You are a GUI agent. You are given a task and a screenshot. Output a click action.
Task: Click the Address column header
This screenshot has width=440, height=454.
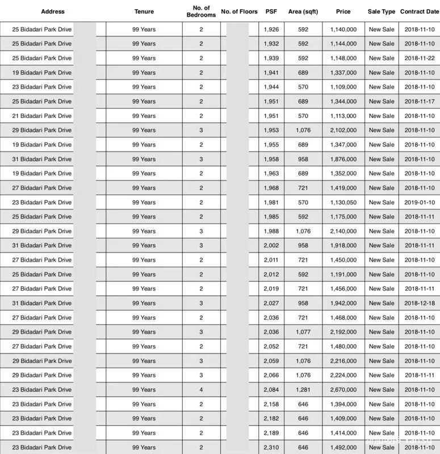point(53,11)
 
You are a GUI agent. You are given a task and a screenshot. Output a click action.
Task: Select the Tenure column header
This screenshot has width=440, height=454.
point(144,11)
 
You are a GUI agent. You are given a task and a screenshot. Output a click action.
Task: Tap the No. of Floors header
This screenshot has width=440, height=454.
point(239,11)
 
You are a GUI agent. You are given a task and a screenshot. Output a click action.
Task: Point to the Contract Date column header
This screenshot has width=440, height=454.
point(419,11)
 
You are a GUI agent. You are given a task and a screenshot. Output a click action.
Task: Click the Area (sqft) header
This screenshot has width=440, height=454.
point(303,11)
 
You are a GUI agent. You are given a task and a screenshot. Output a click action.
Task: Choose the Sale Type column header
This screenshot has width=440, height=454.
point(382,11)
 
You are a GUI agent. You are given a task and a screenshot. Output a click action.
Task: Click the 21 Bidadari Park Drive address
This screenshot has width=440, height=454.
point(41,116)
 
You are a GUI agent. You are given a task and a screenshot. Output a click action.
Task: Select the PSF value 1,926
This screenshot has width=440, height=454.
point(271,29)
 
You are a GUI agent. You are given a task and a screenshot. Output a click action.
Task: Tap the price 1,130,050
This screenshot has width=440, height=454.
point(343,203)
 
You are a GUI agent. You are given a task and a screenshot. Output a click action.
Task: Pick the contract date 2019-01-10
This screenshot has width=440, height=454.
point(420,203)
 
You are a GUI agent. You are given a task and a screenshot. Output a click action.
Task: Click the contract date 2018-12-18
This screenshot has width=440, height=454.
point(420,303)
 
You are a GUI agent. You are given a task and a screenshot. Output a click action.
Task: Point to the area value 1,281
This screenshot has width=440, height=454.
point(303,390)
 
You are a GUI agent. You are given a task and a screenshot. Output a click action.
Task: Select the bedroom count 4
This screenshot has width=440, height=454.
point(201,390)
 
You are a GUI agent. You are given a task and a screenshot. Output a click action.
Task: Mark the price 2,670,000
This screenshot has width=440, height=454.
point(343,390)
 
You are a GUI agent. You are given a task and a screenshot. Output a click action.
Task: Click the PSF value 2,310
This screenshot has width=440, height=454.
point(271,447)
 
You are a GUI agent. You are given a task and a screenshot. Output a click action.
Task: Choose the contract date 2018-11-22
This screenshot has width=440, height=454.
point(420,58)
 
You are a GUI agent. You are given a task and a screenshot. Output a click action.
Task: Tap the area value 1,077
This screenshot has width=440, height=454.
point(303,332)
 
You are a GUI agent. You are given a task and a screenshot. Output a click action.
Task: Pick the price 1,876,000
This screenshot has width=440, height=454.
point(343,159)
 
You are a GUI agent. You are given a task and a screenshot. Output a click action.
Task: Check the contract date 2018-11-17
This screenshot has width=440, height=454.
point(420,101)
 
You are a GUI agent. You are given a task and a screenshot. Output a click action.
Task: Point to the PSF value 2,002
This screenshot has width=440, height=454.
point(271,246)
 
